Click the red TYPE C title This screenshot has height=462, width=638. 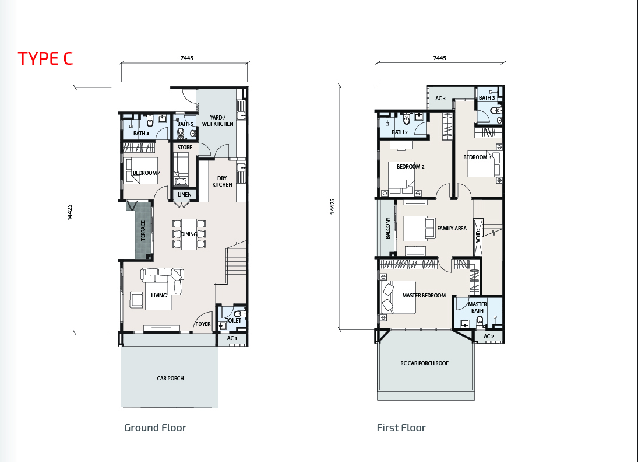coord(45,58)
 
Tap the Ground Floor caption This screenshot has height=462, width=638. coord(155,428)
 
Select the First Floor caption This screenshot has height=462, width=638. coord(401,428)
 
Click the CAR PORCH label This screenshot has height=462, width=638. coord(171,378)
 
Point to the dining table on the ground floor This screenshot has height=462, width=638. coord(189,235)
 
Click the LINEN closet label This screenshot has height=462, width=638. coord(184,195)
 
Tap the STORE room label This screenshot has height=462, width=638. coord(185,148)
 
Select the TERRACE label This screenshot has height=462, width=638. coord(143,230)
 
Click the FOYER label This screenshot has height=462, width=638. coord(203,324)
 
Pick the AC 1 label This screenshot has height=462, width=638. coord(232,338)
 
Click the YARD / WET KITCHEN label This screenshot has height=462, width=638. coord(218,121)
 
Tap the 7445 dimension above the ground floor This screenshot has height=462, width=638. coord(187,58)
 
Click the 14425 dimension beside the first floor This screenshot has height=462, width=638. coord(333,206)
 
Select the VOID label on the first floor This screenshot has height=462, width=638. coord(478,237)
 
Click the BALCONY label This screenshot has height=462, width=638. coord(388,228)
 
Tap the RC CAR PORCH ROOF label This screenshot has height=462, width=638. coord(424,363)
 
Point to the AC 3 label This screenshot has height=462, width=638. coord(440,98)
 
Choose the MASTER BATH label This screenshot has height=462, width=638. coord(477,307)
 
